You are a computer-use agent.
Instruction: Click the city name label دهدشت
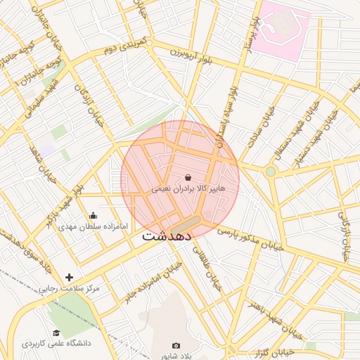[167, 236]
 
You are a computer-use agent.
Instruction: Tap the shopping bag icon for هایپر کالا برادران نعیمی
[188, 179]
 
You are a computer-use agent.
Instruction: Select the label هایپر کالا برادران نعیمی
[188, 190]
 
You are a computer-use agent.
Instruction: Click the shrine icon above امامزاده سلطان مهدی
[94, 216]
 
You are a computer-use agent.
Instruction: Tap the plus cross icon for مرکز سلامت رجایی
[69, 278]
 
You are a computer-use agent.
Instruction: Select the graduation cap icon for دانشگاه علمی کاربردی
[56, 333]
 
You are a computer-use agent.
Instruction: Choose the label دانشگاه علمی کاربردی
[56, 345]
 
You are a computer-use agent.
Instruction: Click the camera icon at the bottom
[176, 346]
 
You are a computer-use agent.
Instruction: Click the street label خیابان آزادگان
[89, 105]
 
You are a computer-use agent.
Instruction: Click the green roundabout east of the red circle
[271, 172]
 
